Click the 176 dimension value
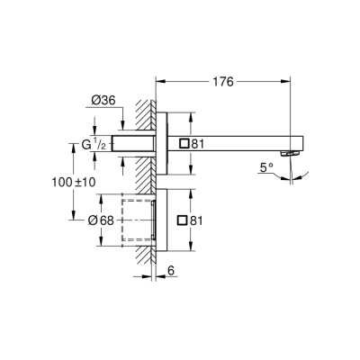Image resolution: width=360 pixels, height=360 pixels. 222,82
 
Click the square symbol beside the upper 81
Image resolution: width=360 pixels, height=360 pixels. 184,143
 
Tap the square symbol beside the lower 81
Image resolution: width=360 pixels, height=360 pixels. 184,220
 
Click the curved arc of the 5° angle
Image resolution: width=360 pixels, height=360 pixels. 286,175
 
